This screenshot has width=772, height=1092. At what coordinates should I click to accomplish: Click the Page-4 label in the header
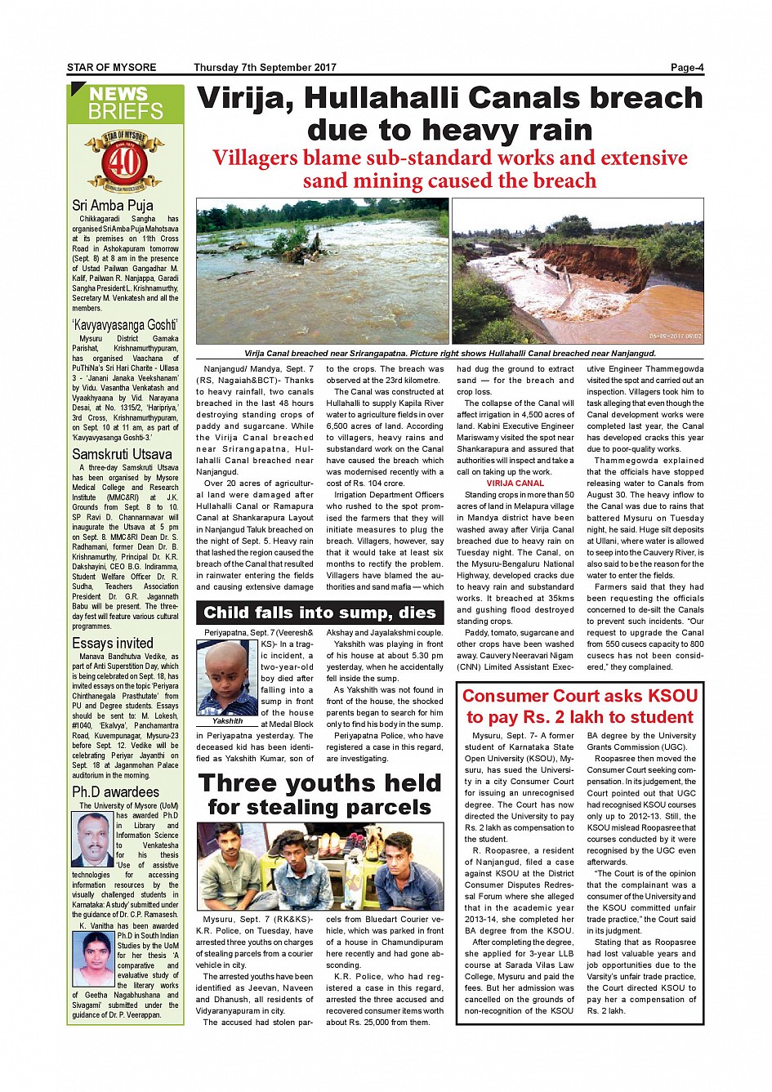tap(686, 68)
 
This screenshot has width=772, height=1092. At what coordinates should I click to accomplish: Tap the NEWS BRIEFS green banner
tap(126, 104)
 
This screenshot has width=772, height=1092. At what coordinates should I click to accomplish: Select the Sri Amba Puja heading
tap(113, 205)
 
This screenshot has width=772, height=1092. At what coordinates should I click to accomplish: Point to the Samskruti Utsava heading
tap(123, 454)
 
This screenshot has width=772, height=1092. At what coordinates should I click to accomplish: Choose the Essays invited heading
tap(113, 643)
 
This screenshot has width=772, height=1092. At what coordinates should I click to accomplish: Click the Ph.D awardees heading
tap(116, 791)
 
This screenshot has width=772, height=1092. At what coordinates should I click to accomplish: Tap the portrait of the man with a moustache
tap(92, 839)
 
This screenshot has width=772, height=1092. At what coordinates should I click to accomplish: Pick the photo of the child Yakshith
tap(227, 677)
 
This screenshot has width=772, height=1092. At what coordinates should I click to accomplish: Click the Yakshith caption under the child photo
tap(227, 721)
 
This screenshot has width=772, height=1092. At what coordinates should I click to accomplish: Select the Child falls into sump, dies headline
tap(319, 613)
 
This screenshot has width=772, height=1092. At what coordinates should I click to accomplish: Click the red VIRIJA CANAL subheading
tap(515, 483)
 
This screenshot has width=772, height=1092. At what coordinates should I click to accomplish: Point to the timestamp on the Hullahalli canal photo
tap(675, 336)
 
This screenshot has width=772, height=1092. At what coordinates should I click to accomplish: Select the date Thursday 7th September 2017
tap(265, 68)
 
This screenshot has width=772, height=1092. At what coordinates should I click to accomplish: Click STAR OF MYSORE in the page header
tap(111, 68)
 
